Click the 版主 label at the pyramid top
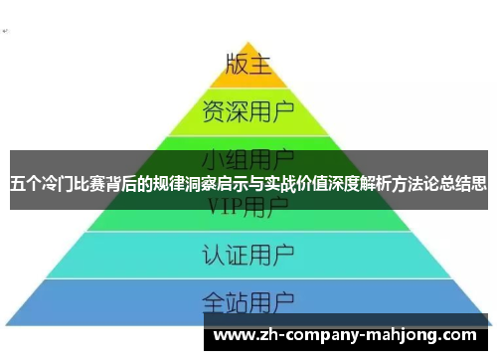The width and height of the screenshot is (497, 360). (x=248, y=64)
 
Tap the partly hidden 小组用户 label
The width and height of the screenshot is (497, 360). (x=248, y=158)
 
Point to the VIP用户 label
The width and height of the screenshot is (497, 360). (x=248, y=207)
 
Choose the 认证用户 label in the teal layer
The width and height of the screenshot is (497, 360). (x=248, y=252)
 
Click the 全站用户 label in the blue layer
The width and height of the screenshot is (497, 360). (x=248, y=299)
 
